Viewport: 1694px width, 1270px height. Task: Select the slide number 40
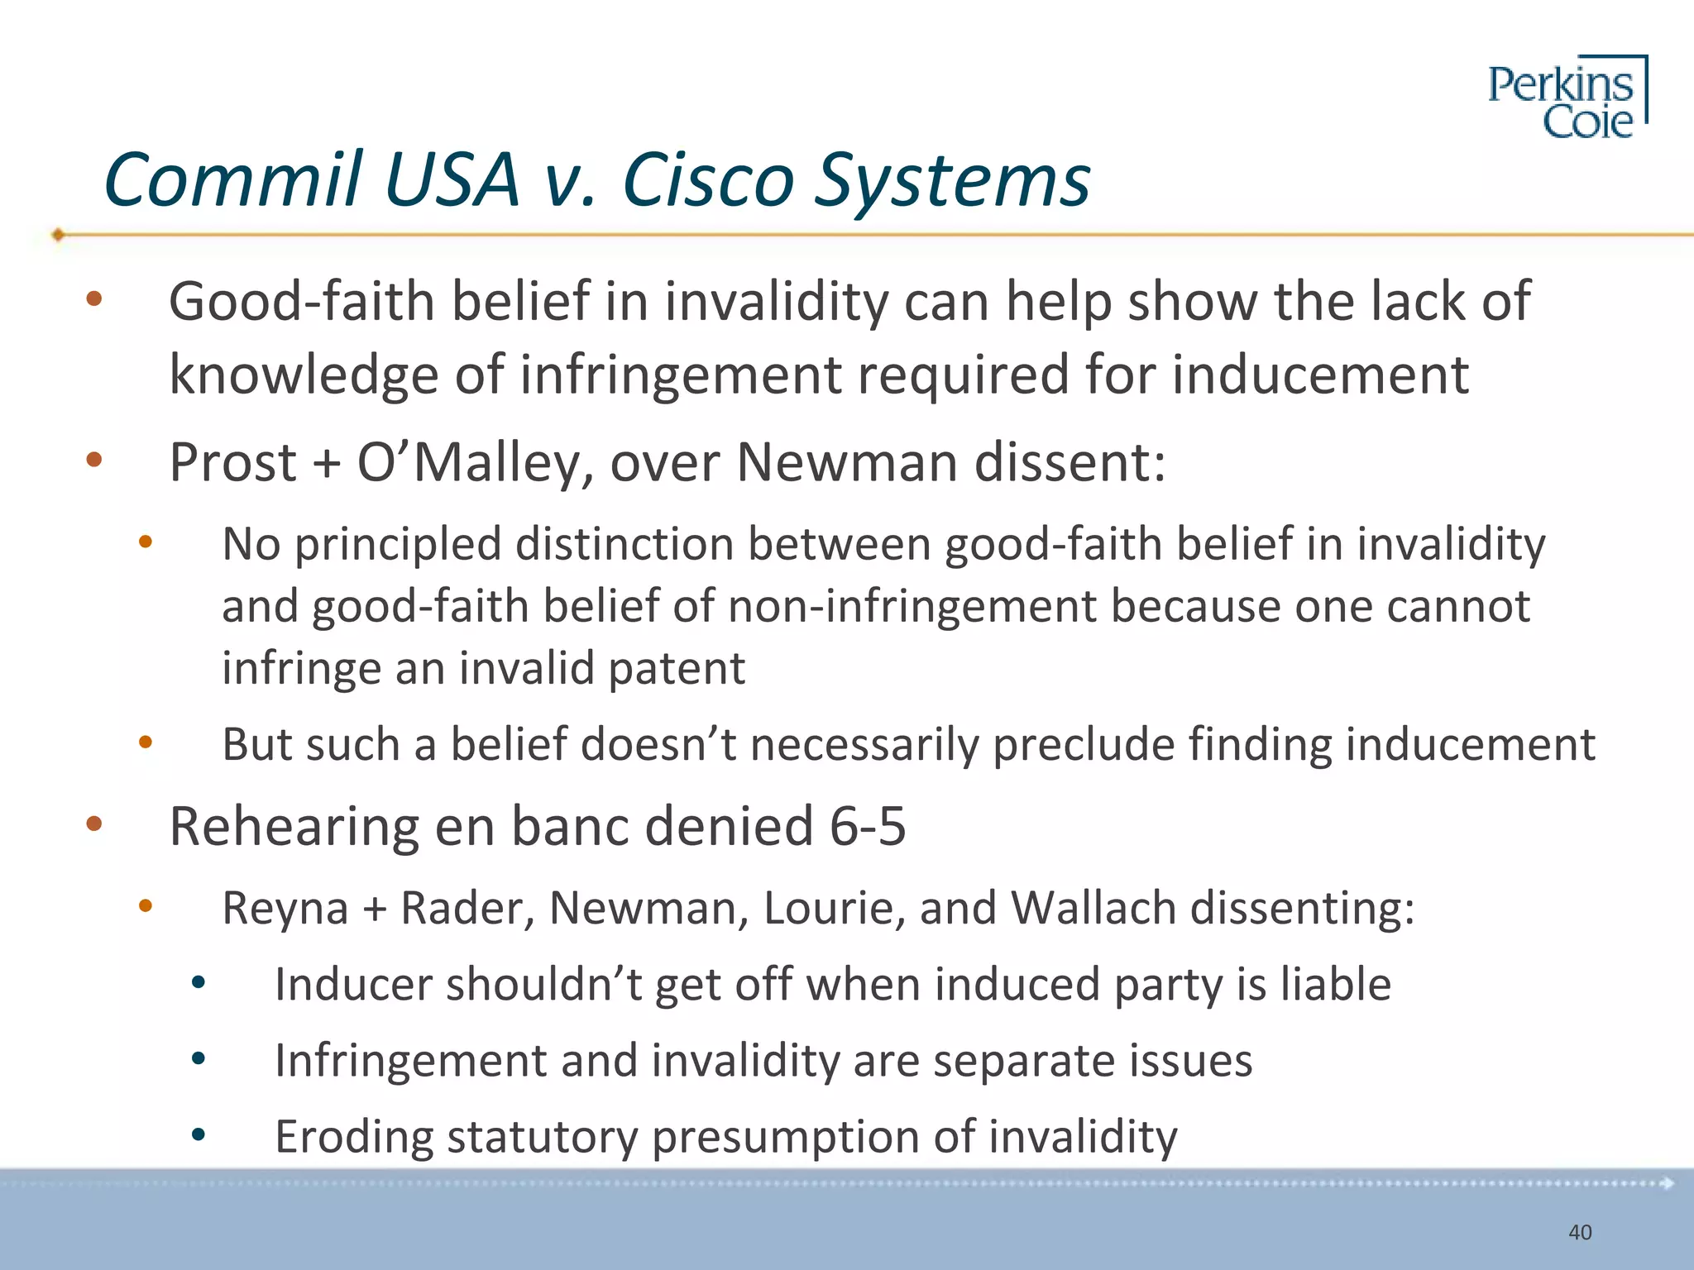click(x=1580, y=1232)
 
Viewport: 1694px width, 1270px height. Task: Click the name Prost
click(x=232, y=462)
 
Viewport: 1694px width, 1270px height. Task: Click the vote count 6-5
click(x=868, y=826)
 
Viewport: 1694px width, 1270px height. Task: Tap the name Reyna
click(x=285, y=908)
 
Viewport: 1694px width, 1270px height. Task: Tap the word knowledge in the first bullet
click(x=303, y=375)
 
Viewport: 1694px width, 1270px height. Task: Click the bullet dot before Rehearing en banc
click(x=93, y=824)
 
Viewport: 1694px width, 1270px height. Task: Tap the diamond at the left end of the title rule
click(x=58, y=235)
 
